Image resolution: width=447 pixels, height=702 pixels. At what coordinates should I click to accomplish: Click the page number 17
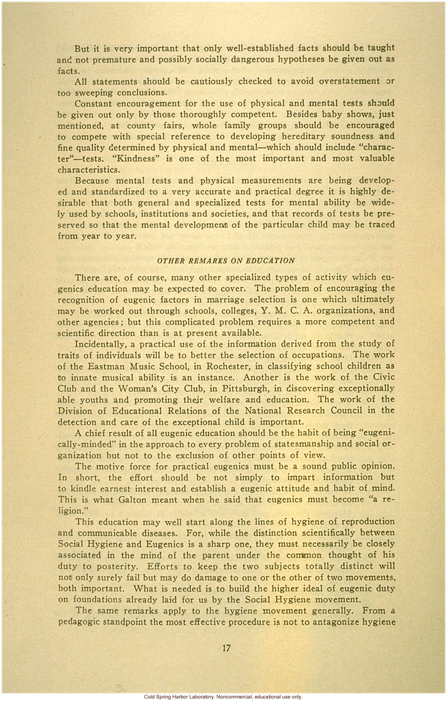(226, 648)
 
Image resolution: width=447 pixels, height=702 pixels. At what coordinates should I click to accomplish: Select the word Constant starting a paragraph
(94, 103)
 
